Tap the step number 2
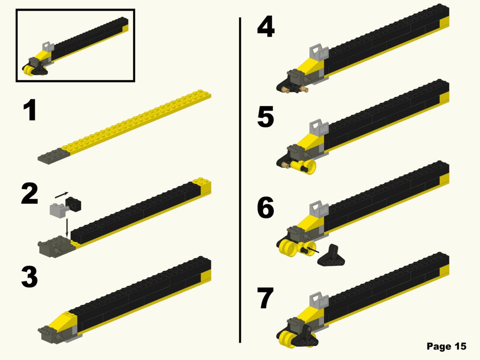pos(30,195)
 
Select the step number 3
pos(30,277)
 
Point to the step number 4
pos(265,27)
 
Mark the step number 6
pos(265,209)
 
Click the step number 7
pos(265,299)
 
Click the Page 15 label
pos(446,346)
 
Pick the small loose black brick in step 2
pos(74,204)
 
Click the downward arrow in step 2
pos(67,227)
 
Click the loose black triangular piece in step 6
pos(332,255)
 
